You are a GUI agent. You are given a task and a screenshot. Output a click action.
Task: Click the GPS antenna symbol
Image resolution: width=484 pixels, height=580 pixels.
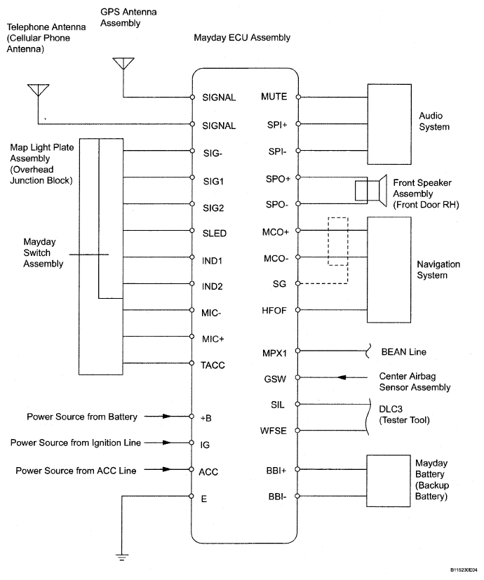click(123, 63)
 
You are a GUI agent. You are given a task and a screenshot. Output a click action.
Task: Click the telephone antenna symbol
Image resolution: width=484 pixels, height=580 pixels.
click(38, 90)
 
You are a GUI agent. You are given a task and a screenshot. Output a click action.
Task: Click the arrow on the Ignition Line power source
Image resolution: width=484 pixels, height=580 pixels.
click(167, 443)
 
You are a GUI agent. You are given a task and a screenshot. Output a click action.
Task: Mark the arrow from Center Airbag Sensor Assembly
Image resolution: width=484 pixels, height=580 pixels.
click(342, 377)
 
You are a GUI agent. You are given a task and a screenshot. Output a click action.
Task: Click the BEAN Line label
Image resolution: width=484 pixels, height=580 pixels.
click(403, 351)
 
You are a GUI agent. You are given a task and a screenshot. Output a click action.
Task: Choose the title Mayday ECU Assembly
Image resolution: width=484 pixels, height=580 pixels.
click(242, 37)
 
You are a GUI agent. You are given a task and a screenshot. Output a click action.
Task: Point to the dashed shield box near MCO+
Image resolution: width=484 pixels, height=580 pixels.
click(337, 241)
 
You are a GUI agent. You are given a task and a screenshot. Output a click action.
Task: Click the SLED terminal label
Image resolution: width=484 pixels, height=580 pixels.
click(213, 233)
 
